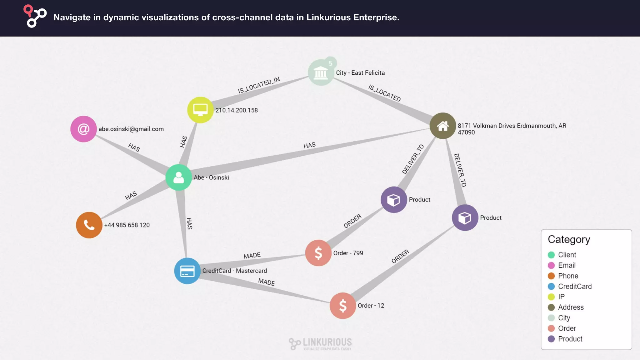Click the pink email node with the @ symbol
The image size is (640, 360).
pos(83,129)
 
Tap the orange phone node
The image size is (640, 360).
pos(89,225)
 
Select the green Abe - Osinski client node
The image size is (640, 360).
pos(178,177)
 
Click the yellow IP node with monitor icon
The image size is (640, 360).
pos(200,110)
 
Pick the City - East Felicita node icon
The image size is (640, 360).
pos(321,73)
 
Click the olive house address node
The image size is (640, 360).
pos(442,126)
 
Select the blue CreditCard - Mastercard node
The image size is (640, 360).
pos(187,271)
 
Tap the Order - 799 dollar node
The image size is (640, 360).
pos(318,253)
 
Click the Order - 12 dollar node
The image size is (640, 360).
pos(342,306)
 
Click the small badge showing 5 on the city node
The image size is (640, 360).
pos(330,63)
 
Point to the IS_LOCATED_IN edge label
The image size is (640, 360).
pos(259,85)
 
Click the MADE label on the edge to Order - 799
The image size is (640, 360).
pos(252,256)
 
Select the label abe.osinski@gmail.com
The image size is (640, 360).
pos(131,129)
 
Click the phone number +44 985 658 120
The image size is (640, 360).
pos(127,225)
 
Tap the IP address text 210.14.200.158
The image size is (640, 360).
pos(237,110)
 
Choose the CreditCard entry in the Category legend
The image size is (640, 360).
pos(575,286)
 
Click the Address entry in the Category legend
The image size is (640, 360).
pos(571,307)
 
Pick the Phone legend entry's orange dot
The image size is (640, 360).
pos(551,276)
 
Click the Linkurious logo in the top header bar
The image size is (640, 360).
pos(35,16)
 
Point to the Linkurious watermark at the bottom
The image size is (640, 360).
pos(320,344)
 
